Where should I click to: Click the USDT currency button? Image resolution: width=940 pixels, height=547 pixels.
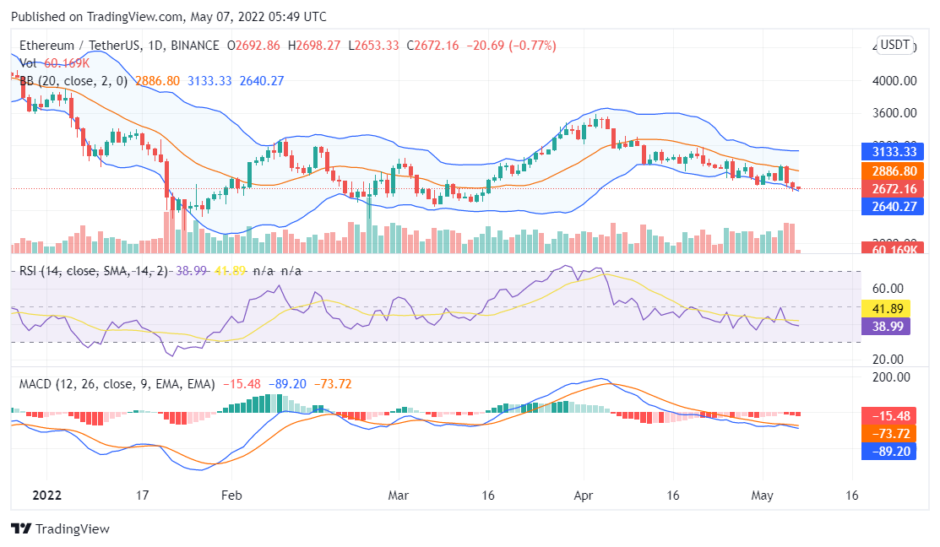895,45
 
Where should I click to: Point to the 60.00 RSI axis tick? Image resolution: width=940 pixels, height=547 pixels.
888,289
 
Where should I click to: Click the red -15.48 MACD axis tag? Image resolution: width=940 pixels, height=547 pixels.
888,416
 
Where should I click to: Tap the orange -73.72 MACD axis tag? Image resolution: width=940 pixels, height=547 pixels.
888,434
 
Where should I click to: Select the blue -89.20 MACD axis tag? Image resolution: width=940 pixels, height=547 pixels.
888,452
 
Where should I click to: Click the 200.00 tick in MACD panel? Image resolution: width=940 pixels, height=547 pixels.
891,377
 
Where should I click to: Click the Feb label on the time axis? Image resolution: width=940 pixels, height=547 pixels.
232,496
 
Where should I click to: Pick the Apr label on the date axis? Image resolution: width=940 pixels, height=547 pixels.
584,496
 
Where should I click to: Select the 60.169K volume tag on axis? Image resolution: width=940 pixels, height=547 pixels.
886,249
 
